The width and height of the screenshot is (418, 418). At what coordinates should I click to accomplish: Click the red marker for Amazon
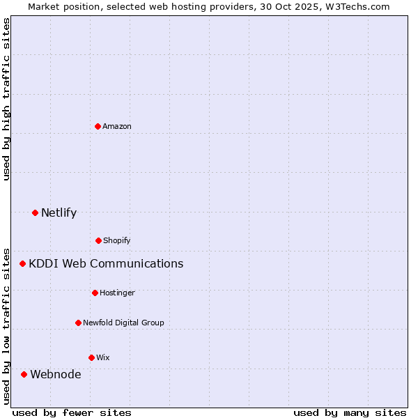tap(98, 126)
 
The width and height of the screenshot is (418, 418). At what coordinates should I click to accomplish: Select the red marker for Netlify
tap(35, 212)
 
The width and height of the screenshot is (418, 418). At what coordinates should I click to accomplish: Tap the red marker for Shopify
tap(98, 240)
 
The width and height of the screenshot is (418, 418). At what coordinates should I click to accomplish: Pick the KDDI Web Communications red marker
tap(22, 263)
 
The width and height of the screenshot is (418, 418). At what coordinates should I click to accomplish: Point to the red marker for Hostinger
tap(95, 293)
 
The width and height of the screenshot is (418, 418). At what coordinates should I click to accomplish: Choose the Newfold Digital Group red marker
tap(78, 323)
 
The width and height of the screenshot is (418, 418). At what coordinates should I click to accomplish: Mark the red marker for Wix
tap(91, 357)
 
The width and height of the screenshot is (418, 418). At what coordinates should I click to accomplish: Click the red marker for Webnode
tap(24, 374)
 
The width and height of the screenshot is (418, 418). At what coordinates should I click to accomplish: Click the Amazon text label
tap(117, 126)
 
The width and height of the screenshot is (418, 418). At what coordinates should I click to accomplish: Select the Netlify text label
tap(59, 212)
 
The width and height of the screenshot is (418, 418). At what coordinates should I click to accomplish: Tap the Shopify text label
tap(117, 240)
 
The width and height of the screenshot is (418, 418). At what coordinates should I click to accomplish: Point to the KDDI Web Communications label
tap(106, 263)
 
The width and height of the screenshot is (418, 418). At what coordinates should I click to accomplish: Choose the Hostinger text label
tap(117, 293)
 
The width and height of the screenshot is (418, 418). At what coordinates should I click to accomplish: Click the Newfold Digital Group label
tap(123, 323)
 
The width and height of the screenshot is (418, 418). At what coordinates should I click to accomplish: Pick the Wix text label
tap(103, 357)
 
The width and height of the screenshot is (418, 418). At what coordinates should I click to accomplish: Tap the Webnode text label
tap(55, 374)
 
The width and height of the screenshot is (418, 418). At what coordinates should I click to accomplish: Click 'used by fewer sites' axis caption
tap(72, 412)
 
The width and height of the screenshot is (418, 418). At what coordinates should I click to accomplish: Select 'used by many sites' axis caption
tap(350, 412)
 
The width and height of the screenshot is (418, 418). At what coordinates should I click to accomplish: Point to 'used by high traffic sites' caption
tap(6, 99)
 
